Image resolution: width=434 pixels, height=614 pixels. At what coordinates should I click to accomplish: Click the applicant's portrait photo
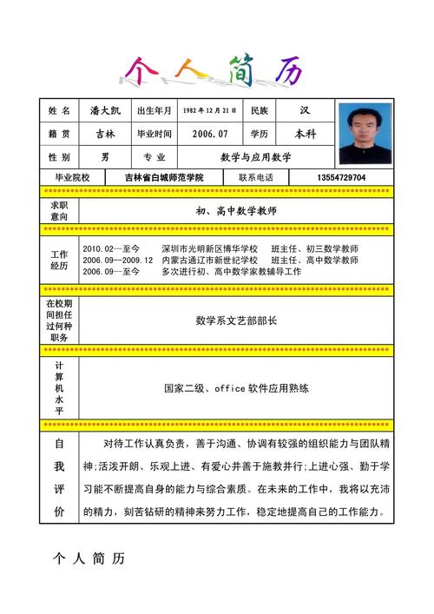[x=365, y=134]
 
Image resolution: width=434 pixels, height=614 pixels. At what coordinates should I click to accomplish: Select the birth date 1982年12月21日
[x=209, y=111]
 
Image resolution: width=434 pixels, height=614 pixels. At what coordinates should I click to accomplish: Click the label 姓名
[x=59, y=111]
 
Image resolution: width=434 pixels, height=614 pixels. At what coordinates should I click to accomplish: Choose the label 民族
[x=260, y=111]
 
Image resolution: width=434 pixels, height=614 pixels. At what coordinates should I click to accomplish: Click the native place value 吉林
[x=104, y=135]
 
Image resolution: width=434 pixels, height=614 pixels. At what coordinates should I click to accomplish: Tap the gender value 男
[x=104, y=157]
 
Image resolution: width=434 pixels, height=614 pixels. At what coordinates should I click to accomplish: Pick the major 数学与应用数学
[x=255, y=157]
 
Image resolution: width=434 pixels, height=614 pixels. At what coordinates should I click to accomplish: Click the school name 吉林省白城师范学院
[x=163, y=178]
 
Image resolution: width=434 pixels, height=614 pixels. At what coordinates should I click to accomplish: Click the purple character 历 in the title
[x=287, y=69]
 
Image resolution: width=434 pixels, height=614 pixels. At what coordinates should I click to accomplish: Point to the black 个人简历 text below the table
[x=89, y=558]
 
